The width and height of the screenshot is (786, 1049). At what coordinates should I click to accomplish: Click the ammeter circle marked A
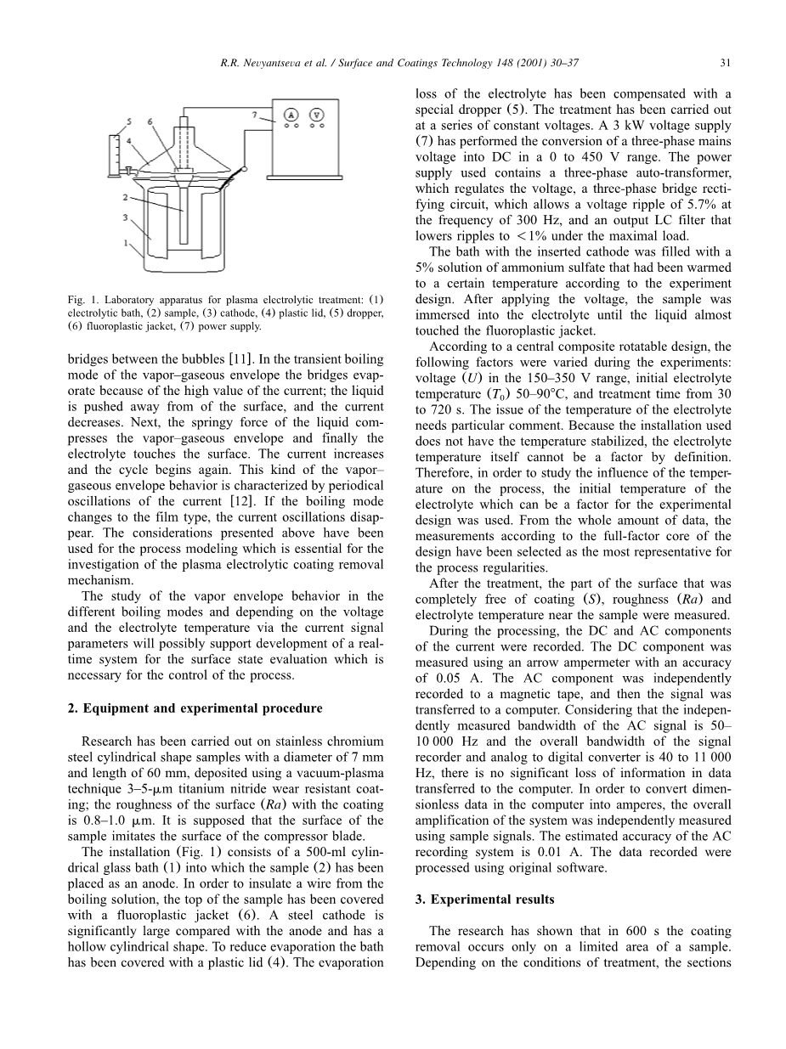click(291, 115)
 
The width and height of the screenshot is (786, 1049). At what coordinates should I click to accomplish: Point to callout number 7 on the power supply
click(254, 113)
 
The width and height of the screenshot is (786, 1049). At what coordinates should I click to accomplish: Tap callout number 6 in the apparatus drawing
click(150, 122)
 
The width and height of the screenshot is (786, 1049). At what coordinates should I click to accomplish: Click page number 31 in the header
click(726, 62)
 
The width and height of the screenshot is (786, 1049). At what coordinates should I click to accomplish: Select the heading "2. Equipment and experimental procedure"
click(195, 708)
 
